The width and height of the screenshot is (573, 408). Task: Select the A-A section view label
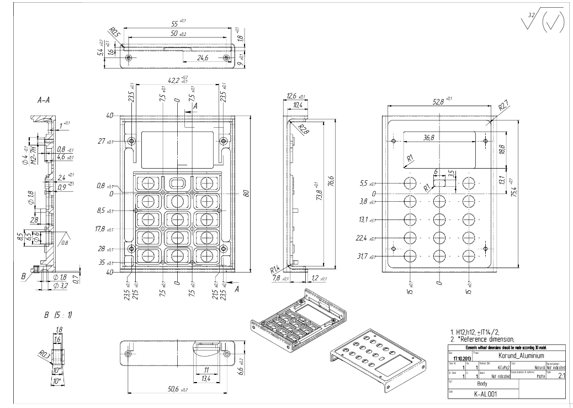44,101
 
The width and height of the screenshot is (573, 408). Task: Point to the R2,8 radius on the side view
301,129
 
